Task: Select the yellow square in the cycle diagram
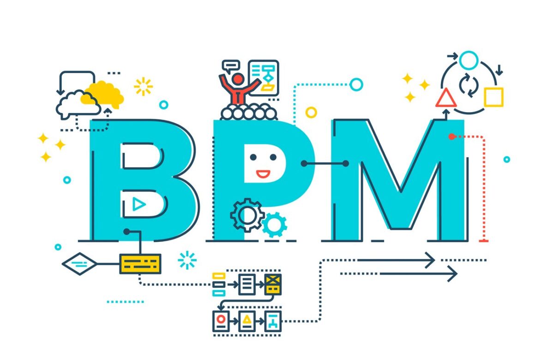coord(494,97)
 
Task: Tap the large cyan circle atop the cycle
coord(469,60)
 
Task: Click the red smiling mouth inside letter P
coord(263,174)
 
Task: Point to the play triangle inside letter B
coord(139,204)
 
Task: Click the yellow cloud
coord(102,95)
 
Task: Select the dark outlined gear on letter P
coord(247,215)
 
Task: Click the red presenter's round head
coord(238,79)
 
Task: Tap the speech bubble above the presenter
coord(231,66)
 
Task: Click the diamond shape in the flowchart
coord(79,264)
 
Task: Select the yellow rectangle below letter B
coord(140,264)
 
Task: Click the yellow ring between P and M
coord(311,113)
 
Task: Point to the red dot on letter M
coord(452,137)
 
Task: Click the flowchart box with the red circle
coord(221,321)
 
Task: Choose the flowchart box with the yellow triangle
coord(247,321)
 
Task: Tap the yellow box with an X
coord(273,284)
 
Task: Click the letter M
coord(399,180)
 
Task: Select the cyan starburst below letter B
coord(187,260)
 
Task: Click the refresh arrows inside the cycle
coord(469,85)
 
